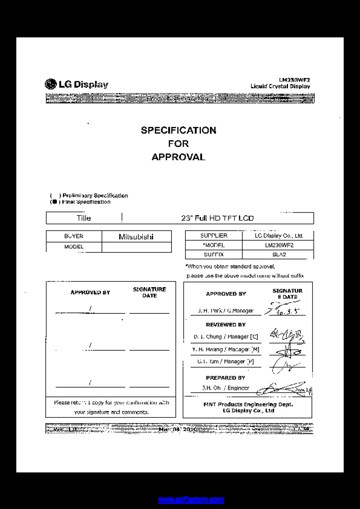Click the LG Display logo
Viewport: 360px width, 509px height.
pos(76,84)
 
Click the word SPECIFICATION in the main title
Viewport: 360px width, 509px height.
pos(179,130)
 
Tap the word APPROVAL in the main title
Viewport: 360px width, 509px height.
pos(179,157)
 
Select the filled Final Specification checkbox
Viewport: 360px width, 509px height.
pos(54,202)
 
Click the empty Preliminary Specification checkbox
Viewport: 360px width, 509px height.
pos(55,196)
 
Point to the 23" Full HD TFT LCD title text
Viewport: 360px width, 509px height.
pos(217,218)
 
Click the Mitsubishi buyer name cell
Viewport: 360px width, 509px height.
pos(136,237)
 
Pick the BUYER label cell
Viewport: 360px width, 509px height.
pos(74,236)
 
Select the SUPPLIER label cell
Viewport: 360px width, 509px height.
pos(214,235)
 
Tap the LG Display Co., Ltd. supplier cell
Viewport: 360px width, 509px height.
pos(279,236)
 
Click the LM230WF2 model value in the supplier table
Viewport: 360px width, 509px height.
pos(279,245)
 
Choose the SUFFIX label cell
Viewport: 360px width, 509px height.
pos(214,254)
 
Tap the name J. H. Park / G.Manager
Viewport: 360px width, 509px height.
pos(226,311)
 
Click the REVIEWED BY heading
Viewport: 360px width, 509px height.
pos(226,325)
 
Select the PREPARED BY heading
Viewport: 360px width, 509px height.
pos(226,378)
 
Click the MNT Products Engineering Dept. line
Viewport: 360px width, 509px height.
pos(248,404)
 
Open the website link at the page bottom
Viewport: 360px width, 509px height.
pos(191,499)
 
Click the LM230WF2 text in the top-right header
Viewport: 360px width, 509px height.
pos(294,80)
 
